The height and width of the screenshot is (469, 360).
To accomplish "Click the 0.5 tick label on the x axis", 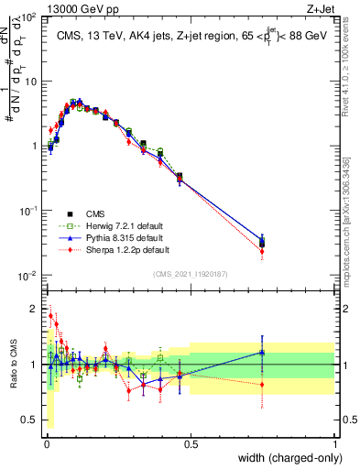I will click(191, 443).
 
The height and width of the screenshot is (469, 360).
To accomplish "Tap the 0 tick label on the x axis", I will click(47, 443).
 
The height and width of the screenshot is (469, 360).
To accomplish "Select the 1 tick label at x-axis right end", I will click(335, 443).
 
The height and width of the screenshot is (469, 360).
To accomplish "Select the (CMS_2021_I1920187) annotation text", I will click(190, 273).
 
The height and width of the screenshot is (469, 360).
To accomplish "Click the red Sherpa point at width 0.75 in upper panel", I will click(263, 251).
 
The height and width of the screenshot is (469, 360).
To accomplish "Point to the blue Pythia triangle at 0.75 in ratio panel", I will click(263, 352).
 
